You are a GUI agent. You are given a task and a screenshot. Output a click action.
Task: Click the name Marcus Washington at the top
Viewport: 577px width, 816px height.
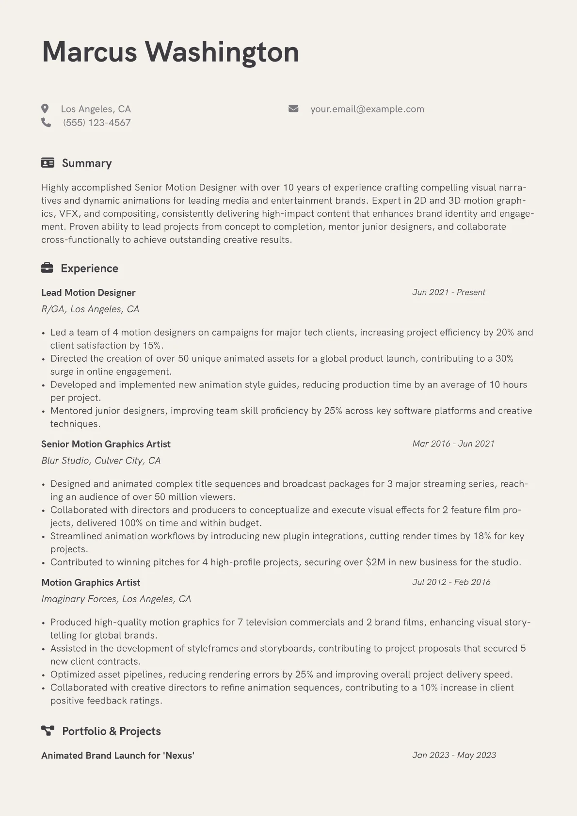click(x=170, y=52)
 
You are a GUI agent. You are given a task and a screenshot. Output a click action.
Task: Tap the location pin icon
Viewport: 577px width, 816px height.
click(x=45, y=109)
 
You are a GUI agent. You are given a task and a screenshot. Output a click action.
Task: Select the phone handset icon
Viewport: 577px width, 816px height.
click(x=46, y=122)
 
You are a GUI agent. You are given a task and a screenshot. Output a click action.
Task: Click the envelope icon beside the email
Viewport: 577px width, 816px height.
click(x=293, y=109)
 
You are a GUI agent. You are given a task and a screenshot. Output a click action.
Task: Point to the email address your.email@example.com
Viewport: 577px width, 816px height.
click(x=367, y=109)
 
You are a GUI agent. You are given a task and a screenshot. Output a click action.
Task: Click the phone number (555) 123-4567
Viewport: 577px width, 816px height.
click(x=97, y=123)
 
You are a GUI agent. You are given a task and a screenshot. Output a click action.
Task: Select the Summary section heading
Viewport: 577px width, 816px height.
click(x=87, y=163)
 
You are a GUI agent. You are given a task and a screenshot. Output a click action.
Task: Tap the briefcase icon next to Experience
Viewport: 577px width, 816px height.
click(x=47, y=268)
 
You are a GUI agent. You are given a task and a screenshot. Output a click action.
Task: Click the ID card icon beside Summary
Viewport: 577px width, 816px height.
click(x=48, y=163)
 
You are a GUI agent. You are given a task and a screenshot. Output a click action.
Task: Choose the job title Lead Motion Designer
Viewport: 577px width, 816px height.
click(x=88, y=292)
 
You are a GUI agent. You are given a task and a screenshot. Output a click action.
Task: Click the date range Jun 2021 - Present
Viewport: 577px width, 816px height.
click(x=449, y=292)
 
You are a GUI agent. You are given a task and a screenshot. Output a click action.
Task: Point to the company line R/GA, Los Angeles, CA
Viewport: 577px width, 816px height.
click(x=90, y=309)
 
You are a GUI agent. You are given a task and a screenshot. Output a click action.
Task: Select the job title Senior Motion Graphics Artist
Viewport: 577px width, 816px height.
click(x=106, y=444)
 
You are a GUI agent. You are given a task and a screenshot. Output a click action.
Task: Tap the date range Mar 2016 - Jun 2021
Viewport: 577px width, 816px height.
click(x=453, y=444)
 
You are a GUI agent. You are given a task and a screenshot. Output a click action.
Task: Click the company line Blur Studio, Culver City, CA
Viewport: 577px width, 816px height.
click(x=101, y=460)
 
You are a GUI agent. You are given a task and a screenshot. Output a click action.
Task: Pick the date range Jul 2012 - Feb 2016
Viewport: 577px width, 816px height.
click(x=451, y=582)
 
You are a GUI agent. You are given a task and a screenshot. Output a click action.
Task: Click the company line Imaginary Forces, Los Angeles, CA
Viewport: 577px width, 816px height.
click(x=116, y=599)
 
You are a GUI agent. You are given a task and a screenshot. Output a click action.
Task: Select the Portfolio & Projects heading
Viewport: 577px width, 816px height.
click(x=111, y=731)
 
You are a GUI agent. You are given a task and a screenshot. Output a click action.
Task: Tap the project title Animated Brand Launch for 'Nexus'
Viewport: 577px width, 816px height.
click(x=118, y=755)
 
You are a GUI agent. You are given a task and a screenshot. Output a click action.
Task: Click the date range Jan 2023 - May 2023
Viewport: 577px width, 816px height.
click(x=454, y=755)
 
